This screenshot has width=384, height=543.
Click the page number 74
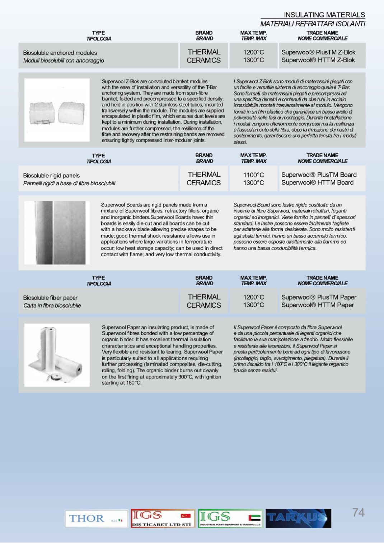coord(358,513)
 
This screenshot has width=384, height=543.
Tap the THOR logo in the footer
coord(96,518)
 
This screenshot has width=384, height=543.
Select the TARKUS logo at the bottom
coord(298,518)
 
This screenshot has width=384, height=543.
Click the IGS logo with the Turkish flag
coord(163,518)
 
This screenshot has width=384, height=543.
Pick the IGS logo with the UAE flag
coord(230,518)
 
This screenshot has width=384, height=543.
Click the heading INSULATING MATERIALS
coord(324,15)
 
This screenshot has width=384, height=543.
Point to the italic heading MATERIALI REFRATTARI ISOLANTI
coord(313,24)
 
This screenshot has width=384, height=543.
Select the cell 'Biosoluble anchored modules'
coord(60,53)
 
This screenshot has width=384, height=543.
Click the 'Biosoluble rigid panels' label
coord(51,175)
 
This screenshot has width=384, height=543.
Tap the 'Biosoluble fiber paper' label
coord(50,297)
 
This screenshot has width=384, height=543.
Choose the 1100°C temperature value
coord(253,175)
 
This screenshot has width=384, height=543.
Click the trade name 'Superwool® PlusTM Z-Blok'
coord(318,52)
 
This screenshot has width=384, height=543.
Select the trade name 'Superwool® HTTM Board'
coord(317,182)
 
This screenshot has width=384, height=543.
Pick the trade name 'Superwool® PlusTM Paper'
coord(319,297)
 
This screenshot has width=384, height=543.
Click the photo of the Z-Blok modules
coord(57,110)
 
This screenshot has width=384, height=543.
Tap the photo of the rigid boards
coord(57,232)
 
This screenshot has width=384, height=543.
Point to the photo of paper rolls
coord(57,355)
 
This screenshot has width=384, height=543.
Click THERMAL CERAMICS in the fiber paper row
coord(204,301)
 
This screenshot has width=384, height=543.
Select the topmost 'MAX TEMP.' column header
coord(253,33)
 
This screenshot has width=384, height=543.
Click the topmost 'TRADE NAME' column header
coord(322,33)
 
